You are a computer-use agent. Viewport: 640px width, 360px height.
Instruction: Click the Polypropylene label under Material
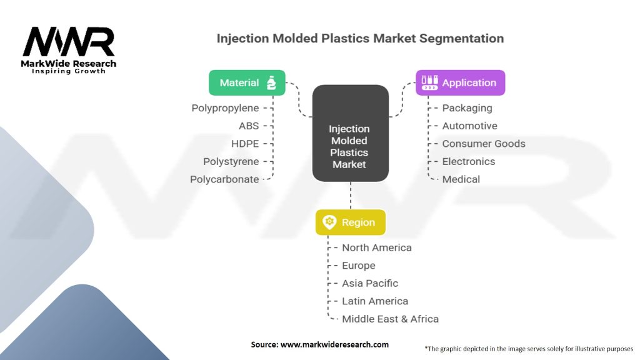pos(225,108)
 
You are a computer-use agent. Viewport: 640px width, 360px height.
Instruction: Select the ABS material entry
pos(249,126)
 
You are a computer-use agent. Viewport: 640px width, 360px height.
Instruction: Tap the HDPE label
pos(245,144)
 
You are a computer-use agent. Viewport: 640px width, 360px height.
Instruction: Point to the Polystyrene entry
pos(231,161)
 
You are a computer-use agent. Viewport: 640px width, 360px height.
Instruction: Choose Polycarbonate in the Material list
pos(224,179)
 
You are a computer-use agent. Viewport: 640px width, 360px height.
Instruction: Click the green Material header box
pos(247,82)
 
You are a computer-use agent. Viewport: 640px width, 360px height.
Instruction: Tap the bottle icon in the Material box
pos(271,82)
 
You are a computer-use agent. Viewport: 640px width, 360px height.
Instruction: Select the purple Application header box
pos(460,82)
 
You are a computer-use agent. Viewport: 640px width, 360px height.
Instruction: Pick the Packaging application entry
pos(467,108)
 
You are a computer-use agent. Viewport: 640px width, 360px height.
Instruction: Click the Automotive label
pos(469,126)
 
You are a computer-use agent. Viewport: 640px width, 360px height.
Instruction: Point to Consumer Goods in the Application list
pos(483,144)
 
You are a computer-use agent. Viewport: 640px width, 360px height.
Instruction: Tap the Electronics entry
pos(468,161)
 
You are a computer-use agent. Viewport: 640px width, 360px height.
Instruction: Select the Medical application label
pos(461,179)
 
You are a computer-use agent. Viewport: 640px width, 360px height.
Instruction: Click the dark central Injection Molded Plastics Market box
pos(350,133)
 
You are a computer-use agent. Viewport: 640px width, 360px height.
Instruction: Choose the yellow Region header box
pos(350,222)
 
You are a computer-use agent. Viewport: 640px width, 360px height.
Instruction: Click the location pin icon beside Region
pos(329,222)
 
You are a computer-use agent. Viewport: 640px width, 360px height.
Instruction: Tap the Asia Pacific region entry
pos(369,283)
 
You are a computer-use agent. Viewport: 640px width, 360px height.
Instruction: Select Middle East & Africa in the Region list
pos(390,319)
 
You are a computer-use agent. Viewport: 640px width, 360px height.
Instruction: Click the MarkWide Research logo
pos(69,50)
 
